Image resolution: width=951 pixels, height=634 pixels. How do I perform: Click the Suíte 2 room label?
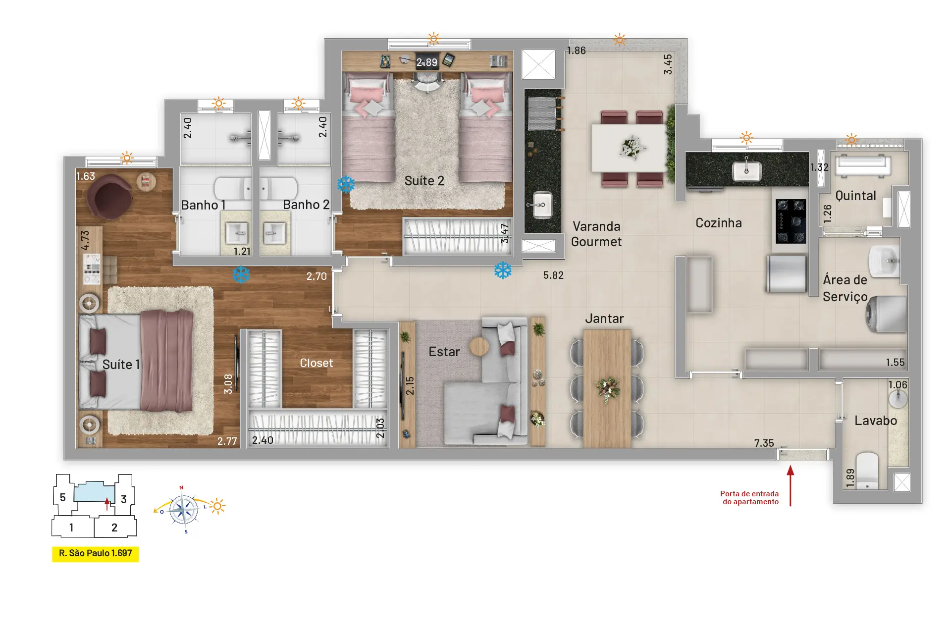(424, 181)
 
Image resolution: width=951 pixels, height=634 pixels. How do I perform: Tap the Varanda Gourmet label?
(596, 234)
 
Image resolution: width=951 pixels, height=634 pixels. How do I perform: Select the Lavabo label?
(875, 421)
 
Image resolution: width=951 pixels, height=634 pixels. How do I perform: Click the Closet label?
(316, 363)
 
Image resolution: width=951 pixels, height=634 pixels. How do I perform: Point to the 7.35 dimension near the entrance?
(764, 443)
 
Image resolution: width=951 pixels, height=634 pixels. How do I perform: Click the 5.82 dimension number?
(553, 275)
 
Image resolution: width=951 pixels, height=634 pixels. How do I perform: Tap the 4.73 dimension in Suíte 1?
(85, 240)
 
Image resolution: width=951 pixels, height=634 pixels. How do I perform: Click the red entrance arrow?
(790, 485)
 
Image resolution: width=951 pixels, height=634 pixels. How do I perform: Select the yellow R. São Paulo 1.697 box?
(95, 553)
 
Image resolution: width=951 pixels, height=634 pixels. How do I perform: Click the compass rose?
(184, 510)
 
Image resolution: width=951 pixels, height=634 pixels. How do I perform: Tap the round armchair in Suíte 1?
(109, 196)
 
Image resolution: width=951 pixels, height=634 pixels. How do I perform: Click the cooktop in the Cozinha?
(791, 221)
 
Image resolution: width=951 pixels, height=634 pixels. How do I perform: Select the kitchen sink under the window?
(746, 171)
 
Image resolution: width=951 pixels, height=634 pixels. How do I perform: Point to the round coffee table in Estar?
(479, 347)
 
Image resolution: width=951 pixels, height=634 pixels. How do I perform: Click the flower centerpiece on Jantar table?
(607, 389)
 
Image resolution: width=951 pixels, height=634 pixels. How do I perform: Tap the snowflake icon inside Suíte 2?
(346, 184)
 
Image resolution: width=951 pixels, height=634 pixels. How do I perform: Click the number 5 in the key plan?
(62, 497)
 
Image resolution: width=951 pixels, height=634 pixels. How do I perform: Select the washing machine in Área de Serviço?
(887, 315)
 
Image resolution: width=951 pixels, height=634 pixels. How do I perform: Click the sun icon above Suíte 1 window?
(127, 158)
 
